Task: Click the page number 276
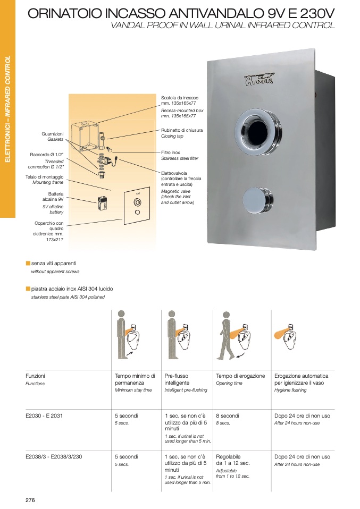click(x=30, y=500)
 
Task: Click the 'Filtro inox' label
click(x=171, y=152)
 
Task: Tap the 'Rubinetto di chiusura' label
click(x=182, y=130)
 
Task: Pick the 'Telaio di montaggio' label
click(x=44, y=177)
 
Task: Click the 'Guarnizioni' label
click(x=52, y=134)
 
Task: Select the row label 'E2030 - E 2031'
click(x=44, y=416)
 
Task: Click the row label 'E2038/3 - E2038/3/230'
click(x=54, y=456)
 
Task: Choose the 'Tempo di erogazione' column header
click(x=240, y=376)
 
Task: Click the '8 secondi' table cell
click(x=228, y=416)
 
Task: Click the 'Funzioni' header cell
click(x=35, y=376)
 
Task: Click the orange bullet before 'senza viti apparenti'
click(x=28, y=263)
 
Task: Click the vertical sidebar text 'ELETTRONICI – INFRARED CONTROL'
click(x=8, y=109)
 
